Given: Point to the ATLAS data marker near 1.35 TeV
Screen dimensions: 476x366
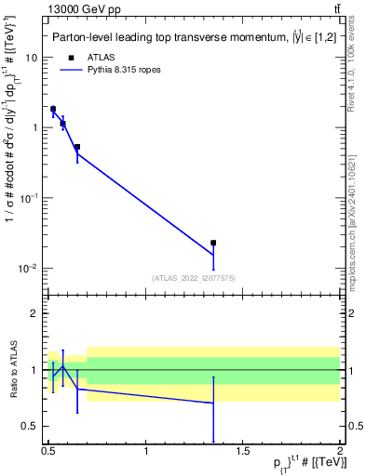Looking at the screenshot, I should pos(213,243).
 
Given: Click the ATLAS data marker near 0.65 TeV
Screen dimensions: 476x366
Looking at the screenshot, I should pos(77,147).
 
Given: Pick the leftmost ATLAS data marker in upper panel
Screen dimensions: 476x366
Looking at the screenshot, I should pos(53,109).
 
